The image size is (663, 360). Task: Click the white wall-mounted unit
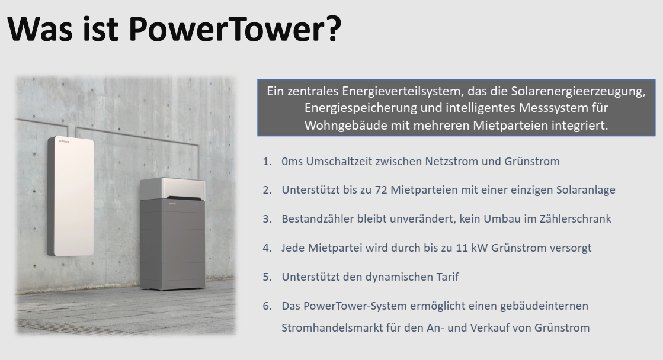[x=71, y=196]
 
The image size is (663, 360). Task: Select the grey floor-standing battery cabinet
[x=172, y=234]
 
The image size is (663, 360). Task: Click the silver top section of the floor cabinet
[x=172, y=188]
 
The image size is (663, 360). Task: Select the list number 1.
[x=267, y=162]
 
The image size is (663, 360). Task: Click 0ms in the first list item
[x=292, y=162]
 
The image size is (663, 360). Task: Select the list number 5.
[x=267, y=277]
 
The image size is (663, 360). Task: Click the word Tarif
[x=448, y=277]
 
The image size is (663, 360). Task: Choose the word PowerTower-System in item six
[x=344, y=306]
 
